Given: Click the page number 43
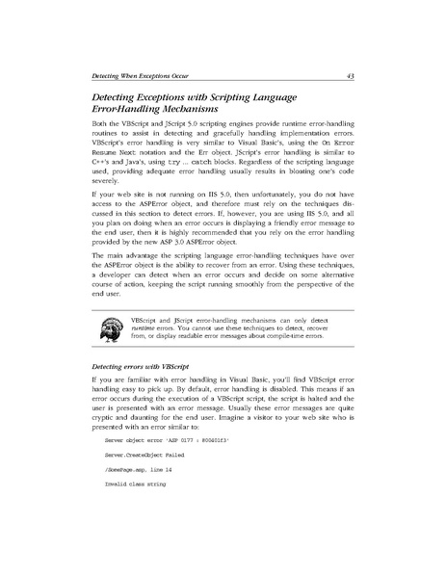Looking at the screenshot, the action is click(x=352, y=73).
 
